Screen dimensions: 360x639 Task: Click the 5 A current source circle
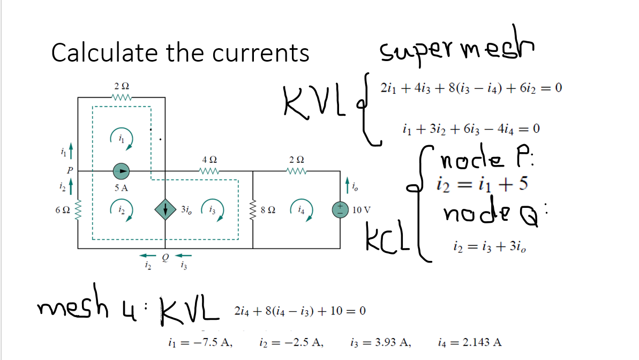point(122,171)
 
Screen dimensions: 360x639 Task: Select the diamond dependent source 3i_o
point(166,209)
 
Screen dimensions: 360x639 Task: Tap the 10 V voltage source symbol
point(340,209)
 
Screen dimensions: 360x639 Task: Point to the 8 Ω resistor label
point(269,209)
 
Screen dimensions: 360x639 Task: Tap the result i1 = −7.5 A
point(200,341)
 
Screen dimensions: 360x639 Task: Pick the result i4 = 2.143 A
point(470,341)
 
